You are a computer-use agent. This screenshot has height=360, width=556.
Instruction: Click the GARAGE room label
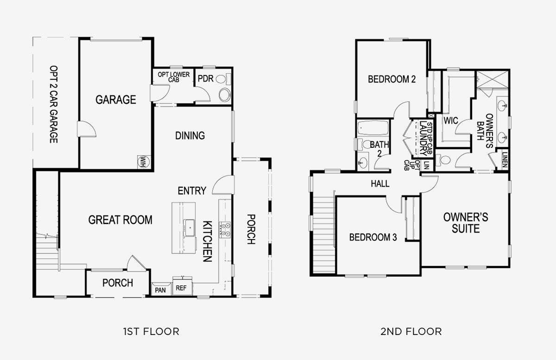click(116, 100)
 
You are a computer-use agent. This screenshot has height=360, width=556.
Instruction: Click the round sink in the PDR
click(225, 95)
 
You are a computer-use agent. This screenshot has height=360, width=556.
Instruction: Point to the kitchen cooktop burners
click(225, 230)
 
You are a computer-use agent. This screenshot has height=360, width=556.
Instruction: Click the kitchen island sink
click(189, 227)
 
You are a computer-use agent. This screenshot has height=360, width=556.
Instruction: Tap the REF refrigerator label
click(181, 288)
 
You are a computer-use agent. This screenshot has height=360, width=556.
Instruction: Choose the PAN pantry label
click(160, 290)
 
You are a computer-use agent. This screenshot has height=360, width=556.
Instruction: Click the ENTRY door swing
click(222, 185)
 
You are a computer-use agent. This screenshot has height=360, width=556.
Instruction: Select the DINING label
click(190, 136)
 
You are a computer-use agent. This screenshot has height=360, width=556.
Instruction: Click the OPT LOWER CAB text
click(173, 77)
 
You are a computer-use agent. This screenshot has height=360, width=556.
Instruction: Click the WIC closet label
click(451, 120)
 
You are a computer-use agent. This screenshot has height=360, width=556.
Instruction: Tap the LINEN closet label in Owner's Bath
click(505, 160)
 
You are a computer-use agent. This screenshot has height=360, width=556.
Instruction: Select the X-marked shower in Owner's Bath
click(493, 79)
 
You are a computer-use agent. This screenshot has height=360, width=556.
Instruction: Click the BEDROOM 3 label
click(373, 237)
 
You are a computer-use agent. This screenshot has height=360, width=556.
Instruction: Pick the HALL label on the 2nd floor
click(380, 184)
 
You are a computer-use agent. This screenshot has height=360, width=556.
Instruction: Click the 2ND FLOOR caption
click(411, 332)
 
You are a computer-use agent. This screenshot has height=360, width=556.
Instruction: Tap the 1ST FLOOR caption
click(151, 332)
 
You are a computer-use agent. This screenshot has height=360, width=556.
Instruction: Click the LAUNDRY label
click(423, 138)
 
